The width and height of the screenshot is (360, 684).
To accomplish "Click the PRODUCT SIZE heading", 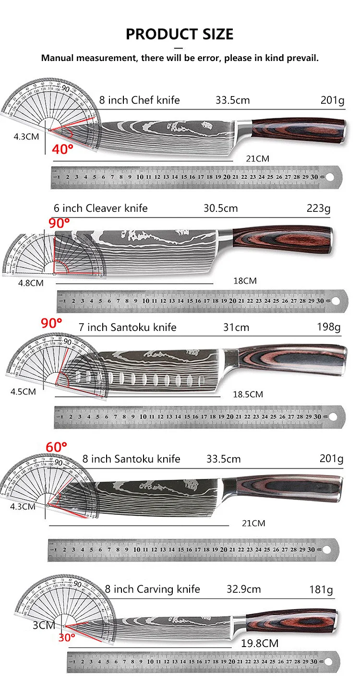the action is pos(180,34).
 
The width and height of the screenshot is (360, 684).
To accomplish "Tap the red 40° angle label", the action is pos(63,149).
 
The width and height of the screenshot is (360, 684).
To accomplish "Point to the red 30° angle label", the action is pos(67,638).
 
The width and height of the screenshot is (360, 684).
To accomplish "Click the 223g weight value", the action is pos(318,208).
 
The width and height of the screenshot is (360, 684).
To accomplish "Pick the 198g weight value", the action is pos(329,328).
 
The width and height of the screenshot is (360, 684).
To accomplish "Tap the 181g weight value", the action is pos(321,589).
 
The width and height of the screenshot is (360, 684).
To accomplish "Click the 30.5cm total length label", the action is pos(220,208).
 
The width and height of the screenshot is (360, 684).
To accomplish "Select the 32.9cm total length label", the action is pos(243,589).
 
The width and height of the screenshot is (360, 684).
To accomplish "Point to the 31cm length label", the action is pos(236,328).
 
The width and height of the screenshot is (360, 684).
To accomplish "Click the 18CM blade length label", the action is pos(245,281).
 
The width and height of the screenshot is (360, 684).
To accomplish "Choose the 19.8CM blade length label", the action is pos(259,643).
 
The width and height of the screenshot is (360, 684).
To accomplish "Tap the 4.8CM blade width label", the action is pos(31,283).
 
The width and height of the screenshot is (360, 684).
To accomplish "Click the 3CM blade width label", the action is pos(44,625).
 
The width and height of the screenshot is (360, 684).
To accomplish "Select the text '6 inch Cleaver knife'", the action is pos(100,208).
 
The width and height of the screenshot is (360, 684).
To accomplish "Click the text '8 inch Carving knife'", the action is pos(152,589).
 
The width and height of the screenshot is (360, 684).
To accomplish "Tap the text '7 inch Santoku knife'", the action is pos(127,328).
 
